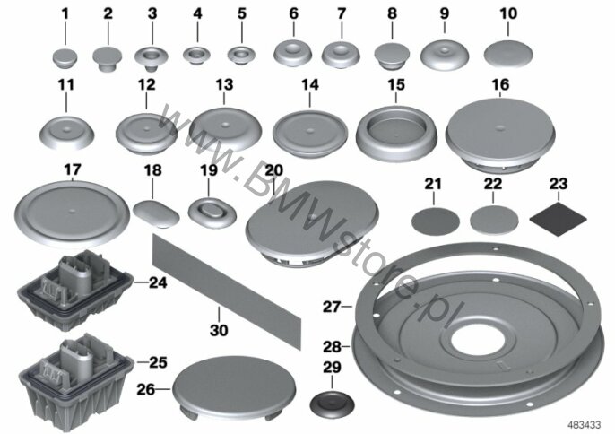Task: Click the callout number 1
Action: click(65, 14)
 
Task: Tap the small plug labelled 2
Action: click(107, 58)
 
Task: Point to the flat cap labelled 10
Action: click(508, 54)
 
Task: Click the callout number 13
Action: click(224, 85)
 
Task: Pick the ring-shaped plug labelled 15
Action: click(396, 133)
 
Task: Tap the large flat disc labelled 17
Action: click(72, 213)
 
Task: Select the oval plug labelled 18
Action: click(157, 213)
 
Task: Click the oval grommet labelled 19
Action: click(212, 213)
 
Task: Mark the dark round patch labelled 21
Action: click(436, 222)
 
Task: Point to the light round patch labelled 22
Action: click(494, 221)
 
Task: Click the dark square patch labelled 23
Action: click(559, 219)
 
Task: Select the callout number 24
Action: click(158, 282)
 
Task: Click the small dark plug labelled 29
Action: click(332, 404)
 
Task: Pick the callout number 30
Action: click(219, 330)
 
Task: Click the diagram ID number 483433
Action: click(585, 424)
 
